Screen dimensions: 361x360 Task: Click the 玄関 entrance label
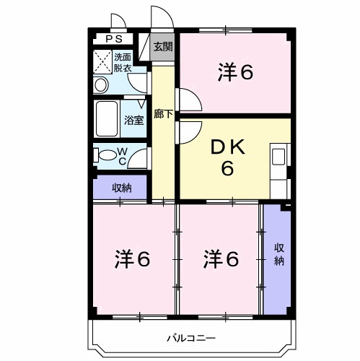click(x=163, y=48)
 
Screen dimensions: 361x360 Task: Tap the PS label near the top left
click(x=114, y=39)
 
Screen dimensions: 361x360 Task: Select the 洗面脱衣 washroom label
click(x=123, y=63)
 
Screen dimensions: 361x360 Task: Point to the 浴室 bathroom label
click(x=133, y=121)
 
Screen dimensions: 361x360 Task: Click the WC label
click(x=122, y=155)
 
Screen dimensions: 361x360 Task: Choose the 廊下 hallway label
click(x=163, y=114)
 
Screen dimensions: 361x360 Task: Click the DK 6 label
click(x=228, y=157)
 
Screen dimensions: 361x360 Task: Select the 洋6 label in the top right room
click(x=236, y=71)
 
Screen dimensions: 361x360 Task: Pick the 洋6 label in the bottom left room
click(x=133, y=258)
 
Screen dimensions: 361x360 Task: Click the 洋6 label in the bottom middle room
click(x=220, y=258)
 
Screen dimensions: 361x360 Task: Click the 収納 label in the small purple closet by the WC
click(x=121, y=188)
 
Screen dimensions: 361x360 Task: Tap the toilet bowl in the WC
click(x=105, y=155)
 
